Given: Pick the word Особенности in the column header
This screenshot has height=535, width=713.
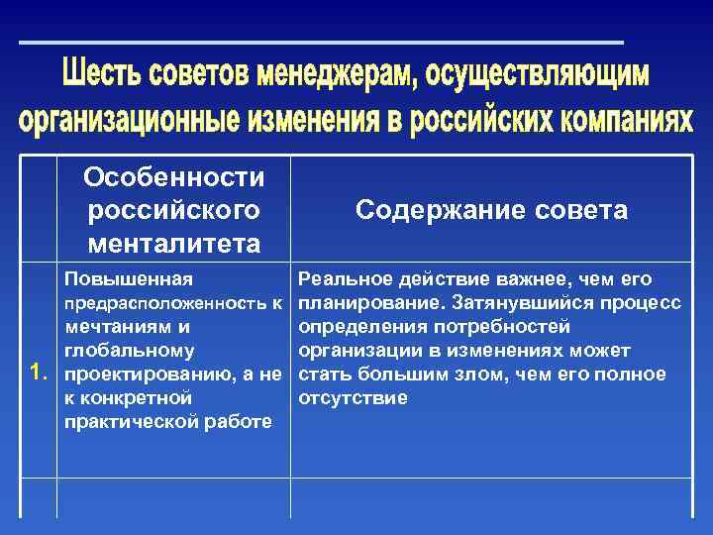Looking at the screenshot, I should [x=174, y=177].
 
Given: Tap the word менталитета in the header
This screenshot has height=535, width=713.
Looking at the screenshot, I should [x=174, y=243].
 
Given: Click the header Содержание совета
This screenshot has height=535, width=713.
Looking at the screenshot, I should [x=491, y=210].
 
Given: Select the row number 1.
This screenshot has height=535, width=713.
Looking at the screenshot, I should [x=39, y=373].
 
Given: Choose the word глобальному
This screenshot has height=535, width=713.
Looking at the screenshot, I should [x=129, y=350].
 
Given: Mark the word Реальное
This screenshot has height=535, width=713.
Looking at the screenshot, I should [x=343, y=278].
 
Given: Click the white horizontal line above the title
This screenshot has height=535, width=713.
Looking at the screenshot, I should [x=322, y=43].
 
